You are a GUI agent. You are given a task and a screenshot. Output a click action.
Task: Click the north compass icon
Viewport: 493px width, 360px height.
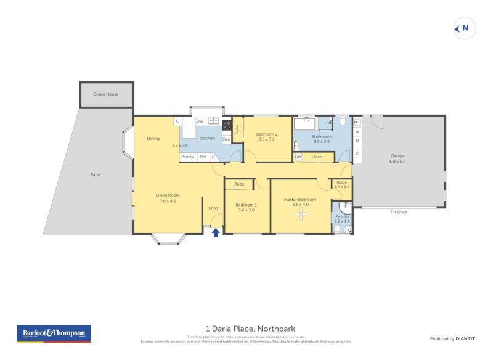(x=465, y=28)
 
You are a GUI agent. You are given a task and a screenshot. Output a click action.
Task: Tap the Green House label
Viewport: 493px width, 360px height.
(x=105, y=94)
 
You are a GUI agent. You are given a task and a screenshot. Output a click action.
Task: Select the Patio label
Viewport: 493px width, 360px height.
(x=95, y=175)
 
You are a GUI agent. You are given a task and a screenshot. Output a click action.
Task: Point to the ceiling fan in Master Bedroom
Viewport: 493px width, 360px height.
(x=301, y=214)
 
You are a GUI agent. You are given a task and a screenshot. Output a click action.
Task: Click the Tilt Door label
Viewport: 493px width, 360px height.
(x=398, y=212)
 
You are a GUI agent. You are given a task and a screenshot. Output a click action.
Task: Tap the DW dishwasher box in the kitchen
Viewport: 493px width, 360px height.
(x=200, y=121)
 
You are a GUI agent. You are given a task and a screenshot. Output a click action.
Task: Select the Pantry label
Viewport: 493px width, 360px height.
(x=187, y=157)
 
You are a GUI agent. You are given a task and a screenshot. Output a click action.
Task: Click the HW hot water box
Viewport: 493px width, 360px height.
(x=298, y=157)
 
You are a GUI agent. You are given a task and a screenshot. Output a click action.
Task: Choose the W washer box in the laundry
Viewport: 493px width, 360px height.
(x=357, y=131)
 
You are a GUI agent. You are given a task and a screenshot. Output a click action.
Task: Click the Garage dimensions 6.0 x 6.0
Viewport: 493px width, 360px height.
(x=397, y=162)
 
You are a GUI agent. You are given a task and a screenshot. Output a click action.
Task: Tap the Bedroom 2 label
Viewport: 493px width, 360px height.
(x=267, y=134)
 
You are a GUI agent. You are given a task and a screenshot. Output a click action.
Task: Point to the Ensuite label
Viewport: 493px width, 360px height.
(x=342, y=217)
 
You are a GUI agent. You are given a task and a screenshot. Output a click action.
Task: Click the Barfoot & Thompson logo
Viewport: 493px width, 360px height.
(x=54, y=333)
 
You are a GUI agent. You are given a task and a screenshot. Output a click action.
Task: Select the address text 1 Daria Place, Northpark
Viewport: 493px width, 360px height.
(x=246, y=329)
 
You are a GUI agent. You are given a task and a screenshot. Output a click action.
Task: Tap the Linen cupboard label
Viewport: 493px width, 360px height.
(x=317, y=157)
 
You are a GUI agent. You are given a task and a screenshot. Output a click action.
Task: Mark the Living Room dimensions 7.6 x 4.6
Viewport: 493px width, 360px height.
(x=168, y=201)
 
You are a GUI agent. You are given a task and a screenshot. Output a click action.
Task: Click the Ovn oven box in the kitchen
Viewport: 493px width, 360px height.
(x=226, y=139)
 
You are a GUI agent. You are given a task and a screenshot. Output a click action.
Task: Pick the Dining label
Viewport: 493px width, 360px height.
(x=153, y=139)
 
